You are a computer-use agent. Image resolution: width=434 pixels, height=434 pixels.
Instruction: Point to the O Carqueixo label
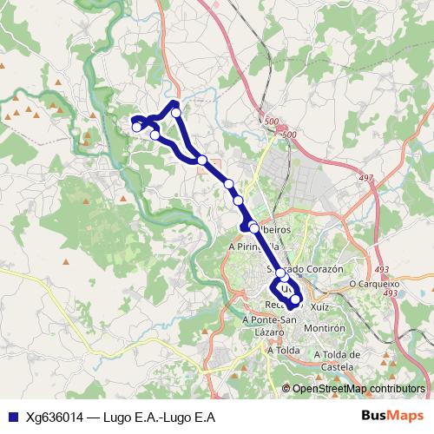(373, 283)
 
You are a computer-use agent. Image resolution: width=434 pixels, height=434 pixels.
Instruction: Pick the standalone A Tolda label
(284, 351)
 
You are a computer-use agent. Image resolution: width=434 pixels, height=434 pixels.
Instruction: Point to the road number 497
(365, 179)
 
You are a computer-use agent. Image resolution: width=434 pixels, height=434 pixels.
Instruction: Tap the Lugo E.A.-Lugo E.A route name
(159, 417)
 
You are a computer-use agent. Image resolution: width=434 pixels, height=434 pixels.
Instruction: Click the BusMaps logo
(392, 416)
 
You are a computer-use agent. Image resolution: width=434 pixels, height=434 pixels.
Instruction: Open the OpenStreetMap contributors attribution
(358, 388)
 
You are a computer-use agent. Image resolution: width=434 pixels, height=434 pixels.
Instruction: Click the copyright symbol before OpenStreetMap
(286, 388)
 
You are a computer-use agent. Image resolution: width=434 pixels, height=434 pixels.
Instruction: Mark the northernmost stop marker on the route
(176, 112)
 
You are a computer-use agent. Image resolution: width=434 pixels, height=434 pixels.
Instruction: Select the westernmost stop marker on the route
(136, 128)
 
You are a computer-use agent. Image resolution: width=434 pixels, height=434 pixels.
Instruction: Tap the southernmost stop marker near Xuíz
(296, 299)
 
